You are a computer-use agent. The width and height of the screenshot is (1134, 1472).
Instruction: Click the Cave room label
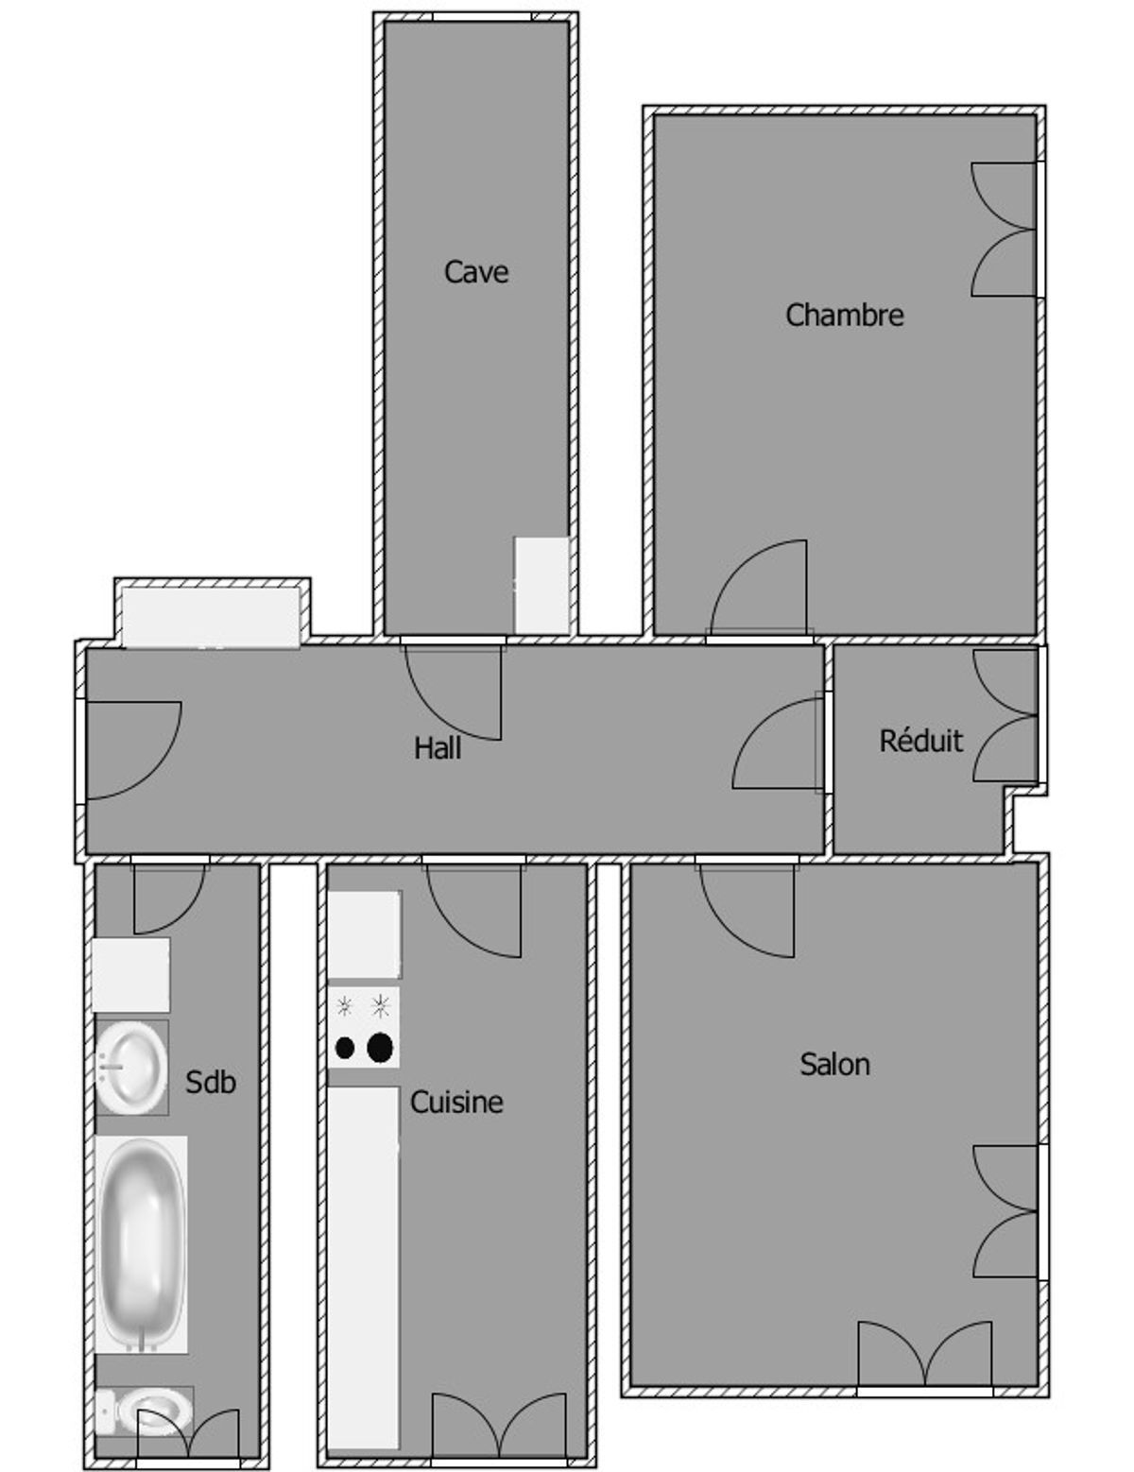(475, 272)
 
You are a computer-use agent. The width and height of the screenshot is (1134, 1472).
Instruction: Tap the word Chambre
(844, 315)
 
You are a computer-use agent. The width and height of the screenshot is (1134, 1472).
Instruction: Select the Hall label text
(438, 748)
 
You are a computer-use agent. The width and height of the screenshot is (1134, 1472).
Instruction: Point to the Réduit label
(920, 740)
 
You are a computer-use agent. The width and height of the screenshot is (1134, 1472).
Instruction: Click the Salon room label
(834, 1064)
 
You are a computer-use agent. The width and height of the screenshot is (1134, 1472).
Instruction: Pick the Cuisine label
(455, 1103)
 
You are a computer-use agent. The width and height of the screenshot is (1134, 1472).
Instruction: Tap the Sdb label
(210, 1082)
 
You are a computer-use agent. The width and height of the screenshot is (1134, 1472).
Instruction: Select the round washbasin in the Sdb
(131, 1068)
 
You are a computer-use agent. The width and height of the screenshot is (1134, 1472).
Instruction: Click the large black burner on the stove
(380, 1047)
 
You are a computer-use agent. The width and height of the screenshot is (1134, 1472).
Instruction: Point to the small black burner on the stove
(345, 1048)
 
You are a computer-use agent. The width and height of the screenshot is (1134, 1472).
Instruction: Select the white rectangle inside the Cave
(541, 586)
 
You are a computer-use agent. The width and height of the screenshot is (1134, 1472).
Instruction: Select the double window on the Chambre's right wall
(1004, 230)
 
